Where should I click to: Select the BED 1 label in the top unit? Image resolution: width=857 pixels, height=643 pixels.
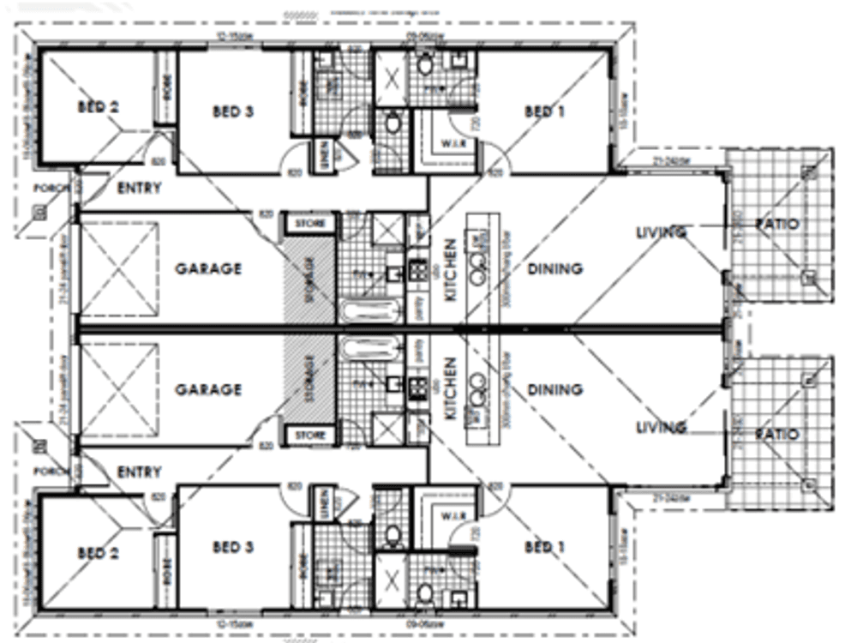pos(542,111)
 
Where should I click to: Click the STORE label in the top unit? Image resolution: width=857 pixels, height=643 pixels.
pos(310,224)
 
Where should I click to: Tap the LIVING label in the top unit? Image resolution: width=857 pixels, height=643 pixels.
pos(661,232)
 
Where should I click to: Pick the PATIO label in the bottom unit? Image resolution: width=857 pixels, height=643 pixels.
pos(776,435)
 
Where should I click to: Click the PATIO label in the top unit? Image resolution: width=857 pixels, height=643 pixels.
pos(776,225)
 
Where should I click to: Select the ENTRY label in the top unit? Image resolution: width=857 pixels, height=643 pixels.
pos(139,188)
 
